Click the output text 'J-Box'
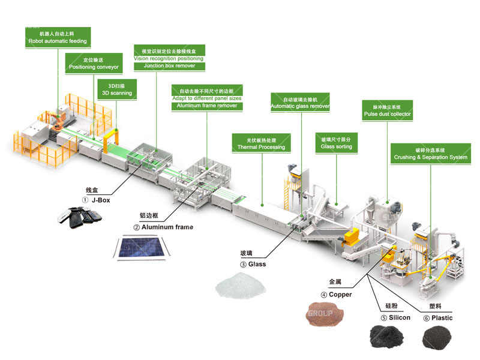(100, 200)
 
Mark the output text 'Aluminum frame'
(167, 227)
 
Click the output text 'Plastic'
(442, 317)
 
